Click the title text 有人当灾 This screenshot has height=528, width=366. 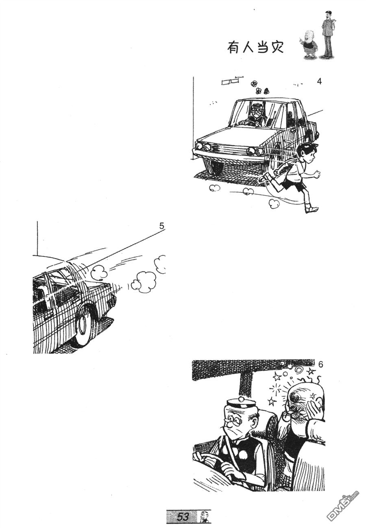coord(255,48)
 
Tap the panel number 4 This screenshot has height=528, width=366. coord(319,81)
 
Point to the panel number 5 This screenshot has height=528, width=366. coord(161,226)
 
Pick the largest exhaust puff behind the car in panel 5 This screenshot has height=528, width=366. coord(144,281)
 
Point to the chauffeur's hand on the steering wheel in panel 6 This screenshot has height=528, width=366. coord(226,471)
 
